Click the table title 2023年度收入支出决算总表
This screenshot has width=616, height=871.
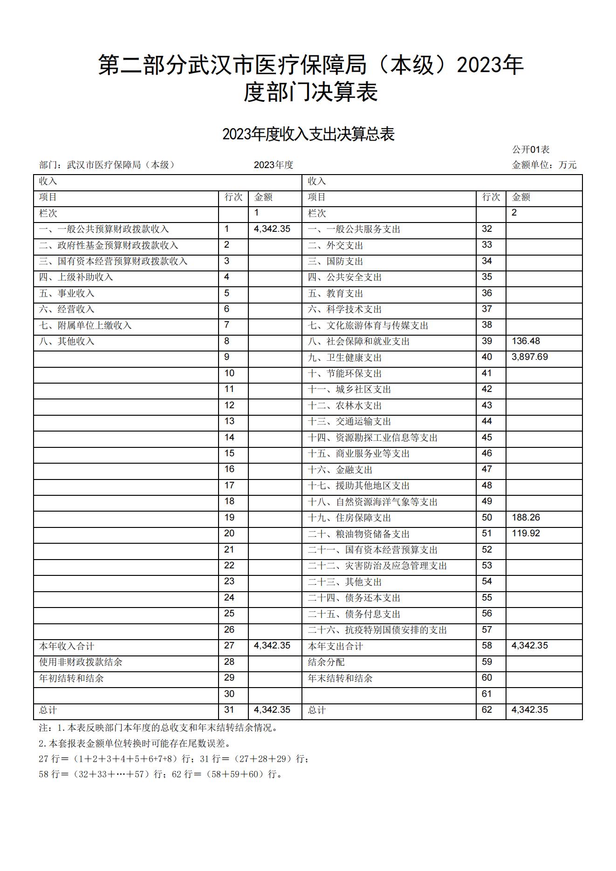pos(308,134)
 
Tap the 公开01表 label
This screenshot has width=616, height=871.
pos(531,149)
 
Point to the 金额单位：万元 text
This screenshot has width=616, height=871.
pos(544,165)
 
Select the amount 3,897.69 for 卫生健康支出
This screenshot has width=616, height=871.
pos(529,357)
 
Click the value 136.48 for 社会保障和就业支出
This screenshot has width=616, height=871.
pos(526,341)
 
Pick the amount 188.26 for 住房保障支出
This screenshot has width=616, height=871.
pos(526,518)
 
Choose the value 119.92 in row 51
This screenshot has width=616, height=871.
pos(526,533)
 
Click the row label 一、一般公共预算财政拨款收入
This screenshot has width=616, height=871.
pos(104,230)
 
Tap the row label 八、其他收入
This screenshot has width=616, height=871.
pos(67,341)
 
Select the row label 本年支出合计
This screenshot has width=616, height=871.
pos(335,646)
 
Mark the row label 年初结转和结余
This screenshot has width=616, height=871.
pos(71,678)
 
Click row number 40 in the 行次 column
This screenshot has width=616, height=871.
pos(486,357)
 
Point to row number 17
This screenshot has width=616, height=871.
pos(229,486)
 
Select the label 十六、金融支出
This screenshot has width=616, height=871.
pos(340,470)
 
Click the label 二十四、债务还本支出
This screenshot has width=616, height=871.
pos(354,598)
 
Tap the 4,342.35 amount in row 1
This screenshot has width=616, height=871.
pos(272,229)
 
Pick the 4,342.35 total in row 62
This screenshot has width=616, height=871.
pos(529,710)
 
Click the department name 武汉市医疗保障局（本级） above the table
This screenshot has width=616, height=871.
pos(121,165)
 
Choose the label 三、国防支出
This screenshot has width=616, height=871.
pos(335,261)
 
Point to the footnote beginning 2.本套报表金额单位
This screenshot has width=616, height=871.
pos(134,743)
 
